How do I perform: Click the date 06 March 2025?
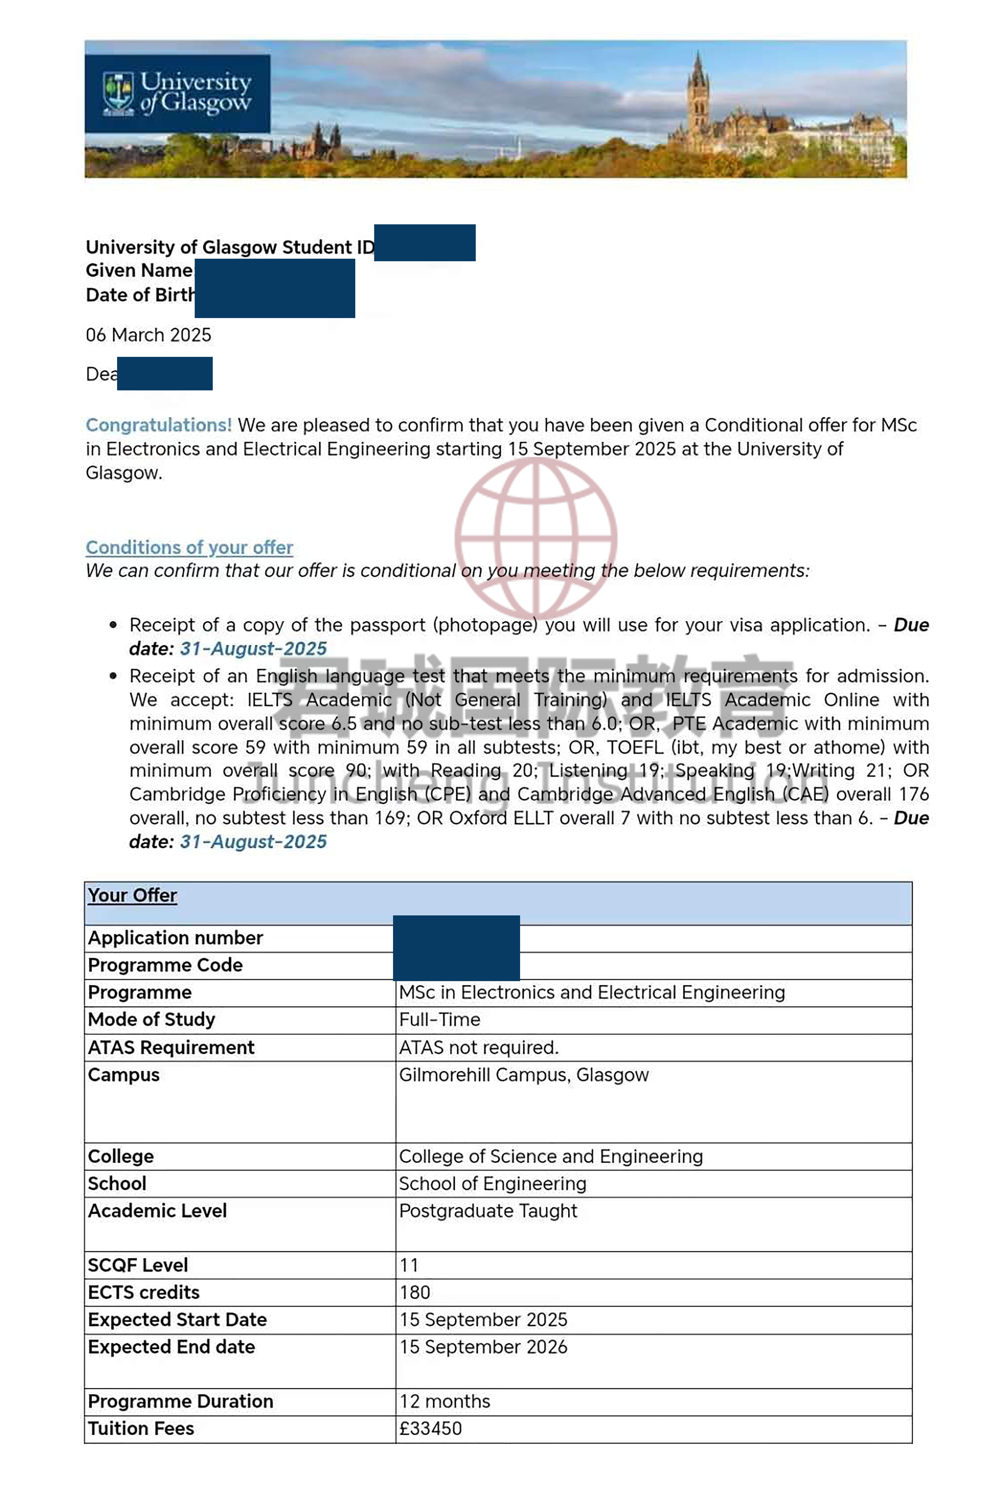(148, 335)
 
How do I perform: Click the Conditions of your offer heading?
(189, 547)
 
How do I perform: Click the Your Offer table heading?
(132, 896)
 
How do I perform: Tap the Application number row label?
(175, 938)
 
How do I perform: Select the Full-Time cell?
(440, 1020)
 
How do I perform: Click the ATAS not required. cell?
(479, 1048)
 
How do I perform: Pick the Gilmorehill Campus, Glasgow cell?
(523, 1075)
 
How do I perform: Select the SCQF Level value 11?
(409, 1265)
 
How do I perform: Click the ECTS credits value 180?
(415, 1293)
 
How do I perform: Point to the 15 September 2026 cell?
(483, 1347)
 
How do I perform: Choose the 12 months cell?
(445, 1402)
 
